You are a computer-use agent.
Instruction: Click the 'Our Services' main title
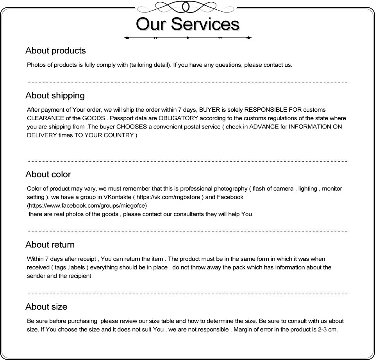[x=187, y=23]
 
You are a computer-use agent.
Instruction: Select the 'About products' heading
[x=55, y=51]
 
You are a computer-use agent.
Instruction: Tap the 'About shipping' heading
[x=55, y=96]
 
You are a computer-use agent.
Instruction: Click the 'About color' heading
[x=48, y=175]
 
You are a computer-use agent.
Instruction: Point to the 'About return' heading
[x=50, y=245]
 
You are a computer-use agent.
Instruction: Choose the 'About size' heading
[x=46, y=307]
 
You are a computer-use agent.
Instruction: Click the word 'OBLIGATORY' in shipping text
[x=179, y=118]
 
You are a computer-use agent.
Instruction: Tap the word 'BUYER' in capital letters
[x=209, y=110]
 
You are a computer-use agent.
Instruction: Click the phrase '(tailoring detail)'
[x=150, y=65]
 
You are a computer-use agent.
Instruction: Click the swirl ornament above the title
[x=187, y=7]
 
